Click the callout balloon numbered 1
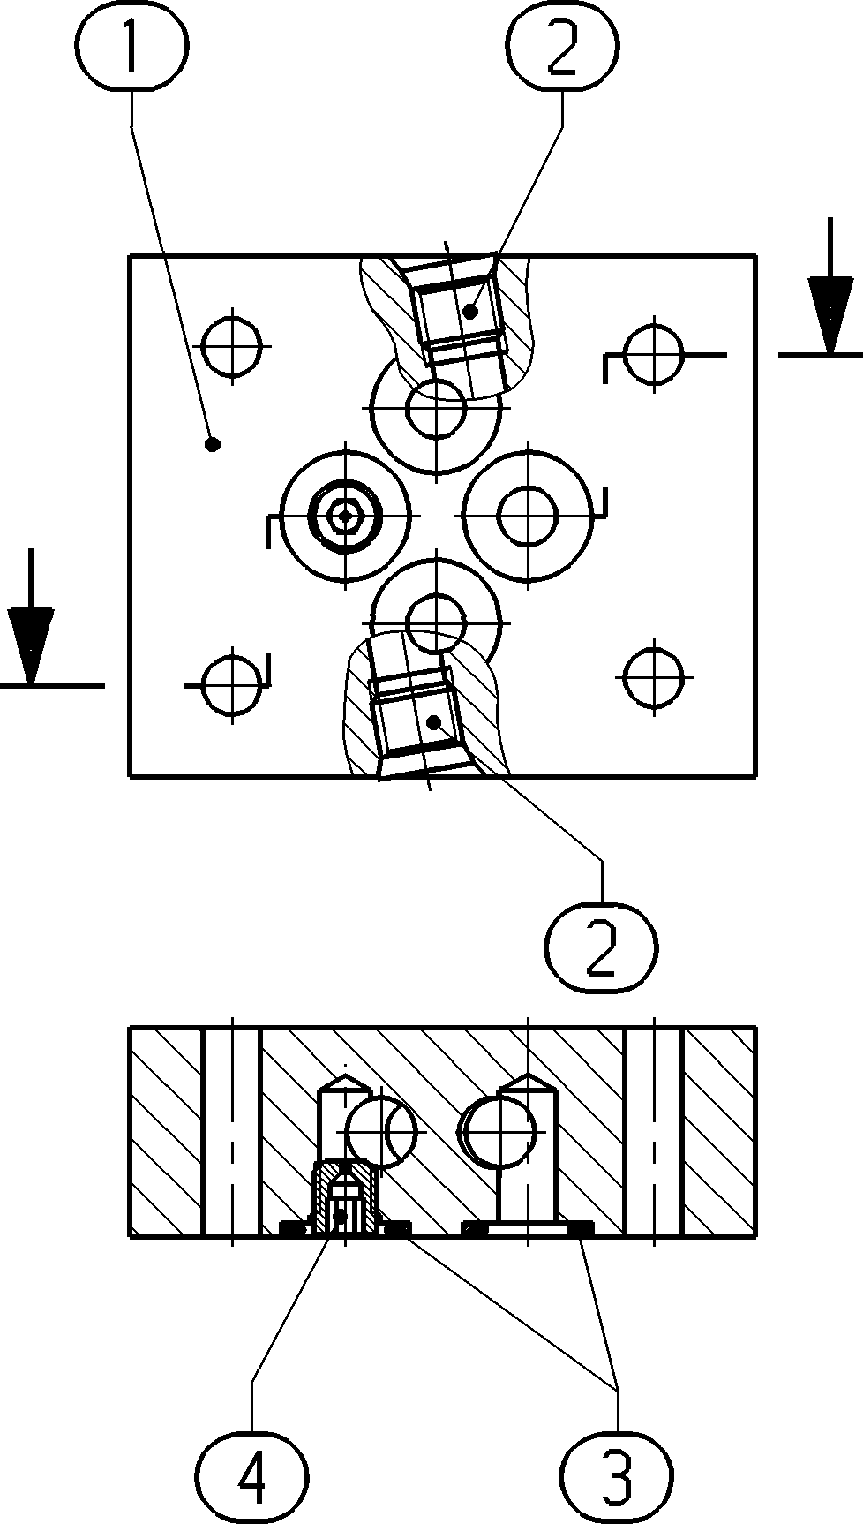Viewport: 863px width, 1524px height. pos(132,49)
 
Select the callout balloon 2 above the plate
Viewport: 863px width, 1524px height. pos(562,49)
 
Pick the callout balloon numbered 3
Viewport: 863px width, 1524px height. pos(616,1475)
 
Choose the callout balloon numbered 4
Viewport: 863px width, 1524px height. pos(251,1475)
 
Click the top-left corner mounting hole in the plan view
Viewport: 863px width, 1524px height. pos(232,345)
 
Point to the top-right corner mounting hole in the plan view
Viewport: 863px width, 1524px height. pos(654,354)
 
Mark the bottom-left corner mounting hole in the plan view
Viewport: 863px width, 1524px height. pos(232,683)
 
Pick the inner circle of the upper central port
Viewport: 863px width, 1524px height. pos(435,408)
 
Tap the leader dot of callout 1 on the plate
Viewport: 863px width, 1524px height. pos(212,444)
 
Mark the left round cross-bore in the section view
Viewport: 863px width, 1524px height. pos(380,1130)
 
